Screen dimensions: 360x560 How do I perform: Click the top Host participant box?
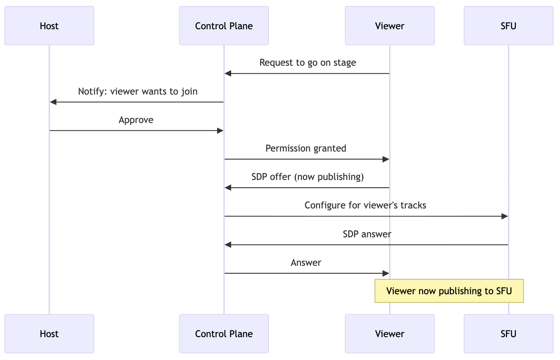(x=49, y=26)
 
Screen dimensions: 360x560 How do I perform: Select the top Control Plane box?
(x=224, y=26)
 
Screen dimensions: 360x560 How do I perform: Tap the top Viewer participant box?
(x=389, y=26)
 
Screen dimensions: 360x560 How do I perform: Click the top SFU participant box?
(x=508, y=26)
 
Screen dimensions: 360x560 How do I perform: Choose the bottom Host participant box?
(x=49, y=334)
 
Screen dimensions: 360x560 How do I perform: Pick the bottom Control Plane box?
(x=224, y=334)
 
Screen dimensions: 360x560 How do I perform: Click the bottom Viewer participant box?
(x=389, y=334)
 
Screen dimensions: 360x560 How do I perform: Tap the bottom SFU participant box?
(x=508, y=334)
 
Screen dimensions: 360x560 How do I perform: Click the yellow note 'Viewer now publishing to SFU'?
(x=449, y=291)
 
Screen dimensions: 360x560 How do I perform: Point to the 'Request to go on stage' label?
(x=307, y=63)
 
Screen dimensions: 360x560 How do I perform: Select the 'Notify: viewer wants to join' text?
(x=137, y=91)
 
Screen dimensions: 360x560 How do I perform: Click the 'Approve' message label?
(x=136, y=120)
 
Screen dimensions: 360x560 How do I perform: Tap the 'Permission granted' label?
(x=306, y=148)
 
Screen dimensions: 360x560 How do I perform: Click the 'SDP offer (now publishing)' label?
(x=307, y=177)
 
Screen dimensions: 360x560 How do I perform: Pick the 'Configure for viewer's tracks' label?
(x=365, y=205)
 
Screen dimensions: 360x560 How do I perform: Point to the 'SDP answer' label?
(x=367, y=234)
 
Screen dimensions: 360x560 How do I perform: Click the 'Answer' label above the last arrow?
(x=306, y=263)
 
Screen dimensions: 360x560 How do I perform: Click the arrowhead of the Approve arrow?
(x=220, y=131)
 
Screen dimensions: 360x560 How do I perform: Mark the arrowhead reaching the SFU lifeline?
(x=505, y=216)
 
